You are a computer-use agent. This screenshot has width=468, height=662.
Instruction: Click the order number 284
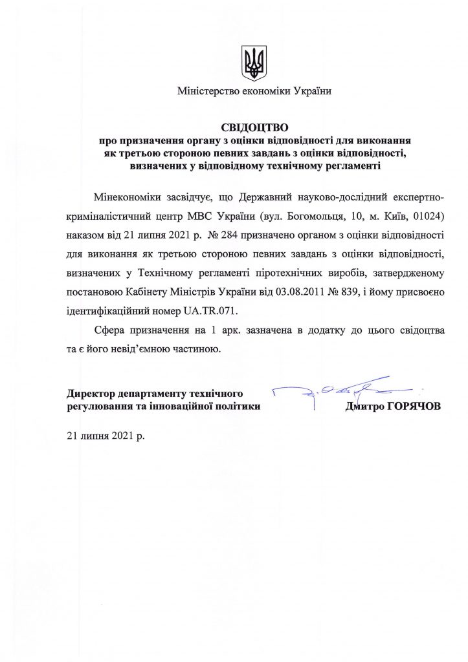pos(231,231)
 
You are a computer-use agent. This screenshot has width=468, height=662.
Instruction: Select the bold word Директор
pos(92,394)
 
